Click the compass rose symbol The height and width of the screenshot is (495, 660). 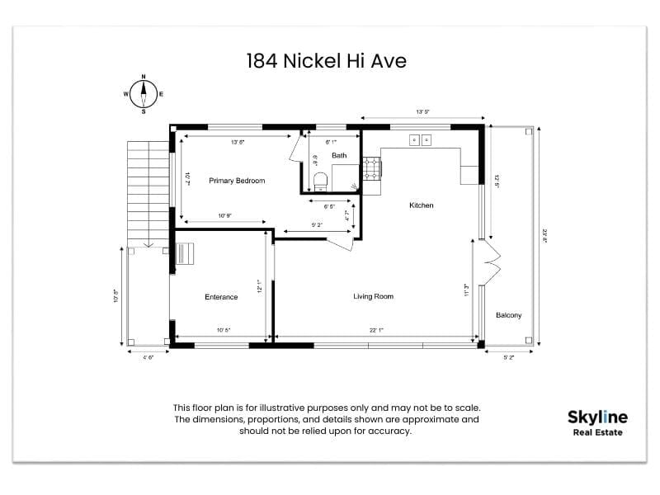143,93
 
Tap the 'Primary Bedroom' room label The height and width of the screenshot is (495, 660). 237,181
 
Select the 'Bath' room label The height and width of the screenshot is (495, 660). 339,155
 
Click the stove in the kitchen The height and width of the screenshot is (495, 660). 371,169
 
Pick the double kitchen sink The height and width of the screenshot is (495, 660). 420,140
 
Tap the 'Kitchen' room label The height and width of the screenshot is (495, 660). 421,205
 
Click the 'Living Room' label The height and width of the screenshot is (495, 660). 373,296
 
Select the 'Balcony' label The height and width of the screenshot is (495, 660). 508,315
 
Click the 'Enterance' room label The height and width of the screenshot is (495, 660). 221,297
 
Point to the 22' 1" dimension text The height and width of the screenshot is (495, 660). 376,330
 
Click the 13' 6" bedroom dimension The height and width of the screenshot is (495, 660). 238,143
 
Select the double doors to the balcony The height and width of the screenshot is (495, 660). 490,263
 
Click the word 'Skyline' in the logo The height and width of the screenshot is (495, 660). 597,417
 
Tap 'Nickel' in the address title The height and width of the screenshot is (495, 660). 309,60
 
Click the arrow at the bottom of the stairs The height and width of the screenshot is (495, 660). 147,244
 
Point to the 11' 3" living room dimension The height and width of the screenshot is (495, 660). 466,290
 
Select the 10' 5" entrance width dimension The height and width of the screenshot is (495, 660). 223,330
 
